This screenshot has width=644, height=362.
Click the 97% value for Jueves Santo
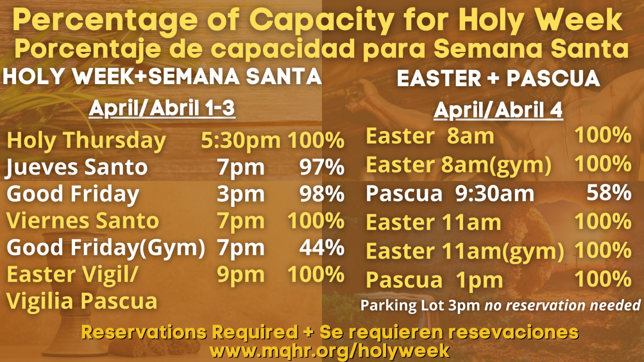click(322, 167)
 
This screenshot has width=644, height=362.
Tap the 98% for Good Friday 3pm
click(322, 194)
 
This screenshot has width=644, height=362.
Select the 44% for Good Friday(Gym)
click(322, 247)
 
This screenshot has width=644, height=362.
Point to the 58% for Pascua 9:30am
click(609, 193)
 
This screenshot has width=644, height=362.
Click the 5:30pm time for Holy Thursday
click(241, 140)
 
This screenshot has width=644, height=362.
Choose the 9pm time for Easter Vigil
click(241, 275)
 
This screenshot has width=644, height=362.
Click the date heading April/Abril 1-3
click(162, 108)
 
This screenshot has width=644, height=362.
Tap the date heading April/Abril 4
click(498, 110)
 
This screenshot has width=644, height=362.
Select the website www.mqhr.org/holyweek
click(329, 350)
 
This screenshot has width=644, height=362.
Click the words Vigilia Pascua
click(82, 301)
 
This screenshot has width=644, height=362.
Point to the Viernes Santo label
click(83, 221)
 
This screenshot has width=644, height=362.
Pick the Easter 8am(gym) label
click(459, 165)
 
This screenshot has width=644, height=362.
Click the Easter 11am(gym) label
click(465, 251)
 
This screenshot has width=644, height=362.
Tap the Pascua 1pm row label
click(434, 280)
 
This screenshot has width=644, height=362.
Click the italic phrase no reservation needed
click(563, 305)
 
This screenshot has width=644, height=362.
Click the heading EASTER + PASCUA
click(498, 78)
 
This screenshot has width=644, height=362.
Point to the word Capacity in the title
click(322, 21)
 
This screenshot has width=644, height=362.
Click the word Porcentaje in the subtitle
click(88, 49)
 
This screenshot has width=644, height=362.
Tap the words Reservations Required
click(189, 332)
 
